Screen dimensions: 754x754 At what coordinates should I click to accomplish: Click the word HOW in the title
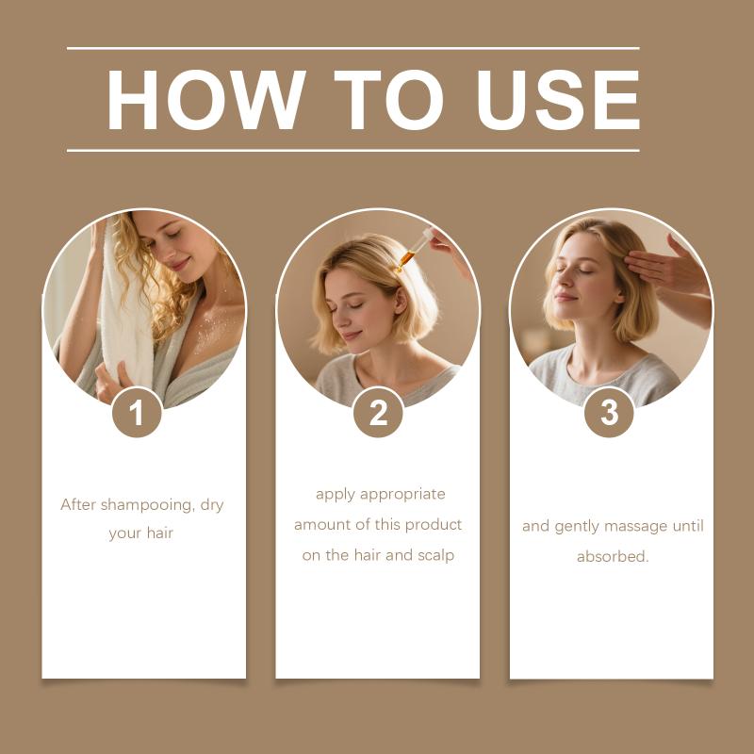(x=205, y=100)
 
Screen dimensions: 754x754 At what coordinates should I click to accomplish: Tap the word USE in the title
(x=558, y=100)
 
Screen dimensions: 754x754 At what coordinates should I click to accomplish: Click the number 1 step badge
(x=137, y=413)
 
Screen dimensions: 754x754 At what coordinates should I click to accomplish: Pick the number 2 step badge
(x=378, y=413)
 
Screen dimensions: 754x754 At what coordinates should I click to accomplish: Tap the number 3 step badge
(x=609, y=413)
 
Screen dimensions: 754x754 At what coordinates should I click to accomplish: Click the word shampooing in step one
(x=147, y=505)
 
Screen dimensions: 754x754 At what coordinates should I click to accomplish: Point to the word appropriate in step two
(x=402, y=495)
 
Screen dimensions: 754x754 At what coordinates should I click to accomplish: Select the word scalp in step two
(x=435, y=556)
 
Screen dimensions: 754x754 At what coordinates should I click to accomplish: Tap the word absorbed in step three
(x=613, y=557)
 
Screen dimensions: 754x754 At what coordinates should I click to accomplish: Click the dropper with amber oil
(x=413, y=251)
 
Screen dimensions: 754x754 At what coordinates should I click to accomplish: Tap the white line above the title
(x=352, y=49)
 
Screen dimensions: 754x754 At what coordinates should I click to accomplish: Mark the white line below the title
(x=352, y=151)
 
